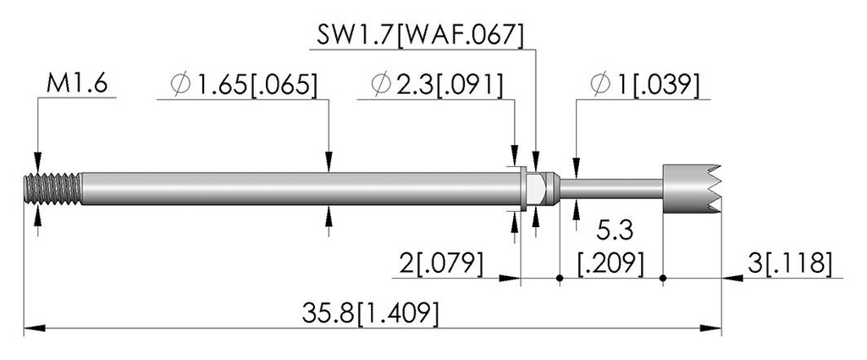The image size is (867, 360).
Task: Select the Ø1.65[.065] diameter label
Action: pos(245,85)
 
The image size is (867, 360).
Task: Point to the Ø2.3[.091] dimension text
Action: pos(438,85)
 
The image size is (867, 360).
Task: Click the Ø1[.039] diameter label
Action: pos(644,85)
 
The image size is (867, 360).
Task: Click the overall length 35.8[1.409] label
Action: pos(371,313)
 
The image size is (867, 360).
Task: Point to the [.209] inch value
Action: pos(610,263)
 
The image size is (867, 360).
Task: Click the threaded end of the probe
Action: pos(53,189)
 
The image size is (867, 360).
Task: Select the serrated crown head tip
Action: pos(692,189)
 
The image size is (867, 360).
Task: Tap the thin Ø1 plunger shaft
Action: pos(610,189)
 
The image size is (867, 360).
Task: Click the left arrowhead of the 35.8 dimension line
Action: pos(34,329)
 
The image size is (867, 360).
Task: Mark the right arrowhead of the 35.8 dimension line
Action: pos(711,329)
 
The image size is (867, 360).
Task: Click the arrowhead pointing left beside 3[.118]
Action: pos(732,278)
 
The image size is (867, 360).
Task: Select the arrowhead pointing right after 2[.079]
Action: pos(510,278)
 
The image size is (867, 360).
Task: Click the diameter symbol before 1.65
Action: pos(181,86)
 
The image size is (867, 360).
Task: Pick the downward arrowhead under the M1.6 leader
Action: pos(37,162)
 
